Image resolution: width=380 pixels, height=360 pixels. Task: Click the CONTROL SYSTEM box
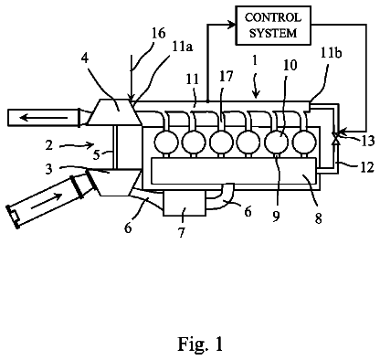[273, 26]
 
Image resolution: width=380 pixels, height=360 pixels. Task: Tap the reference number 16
[158, 33]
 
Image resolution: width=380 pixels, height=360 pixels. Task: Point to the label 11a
[183, 48]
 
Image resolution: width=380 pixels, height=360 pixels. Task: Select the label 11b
[332, 53]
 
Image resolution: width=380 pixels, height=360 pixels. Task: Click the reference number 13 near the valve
[366, 141]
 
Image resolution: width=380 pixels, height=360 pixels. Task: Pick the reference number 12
[367, 166]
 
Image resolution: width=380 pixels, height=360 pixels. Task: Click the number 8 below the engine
[318, 218]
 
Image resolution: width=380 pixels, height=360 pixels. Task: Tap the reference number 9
[276, 216]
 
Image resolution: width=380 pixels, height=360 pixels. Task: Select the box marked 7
[185, 204]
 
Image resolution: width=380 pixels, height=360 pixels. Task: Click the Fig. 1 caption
[200, 344]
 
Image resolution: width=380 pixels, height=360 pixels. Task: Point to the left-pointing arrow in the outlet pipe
[44, 117]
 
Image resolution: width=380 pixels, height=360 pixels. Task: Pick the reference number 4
[85, 58]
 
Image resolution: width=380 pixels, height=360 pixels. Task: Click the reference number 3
[49, 168]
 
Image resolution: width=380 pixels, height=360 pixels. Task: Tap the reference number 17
[226, 77]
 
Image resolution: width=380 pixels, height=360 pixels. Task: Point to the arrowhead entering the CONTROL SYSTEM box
[231, 26]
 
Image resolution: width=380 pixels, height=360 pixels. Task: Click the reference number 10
[290, 65]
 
